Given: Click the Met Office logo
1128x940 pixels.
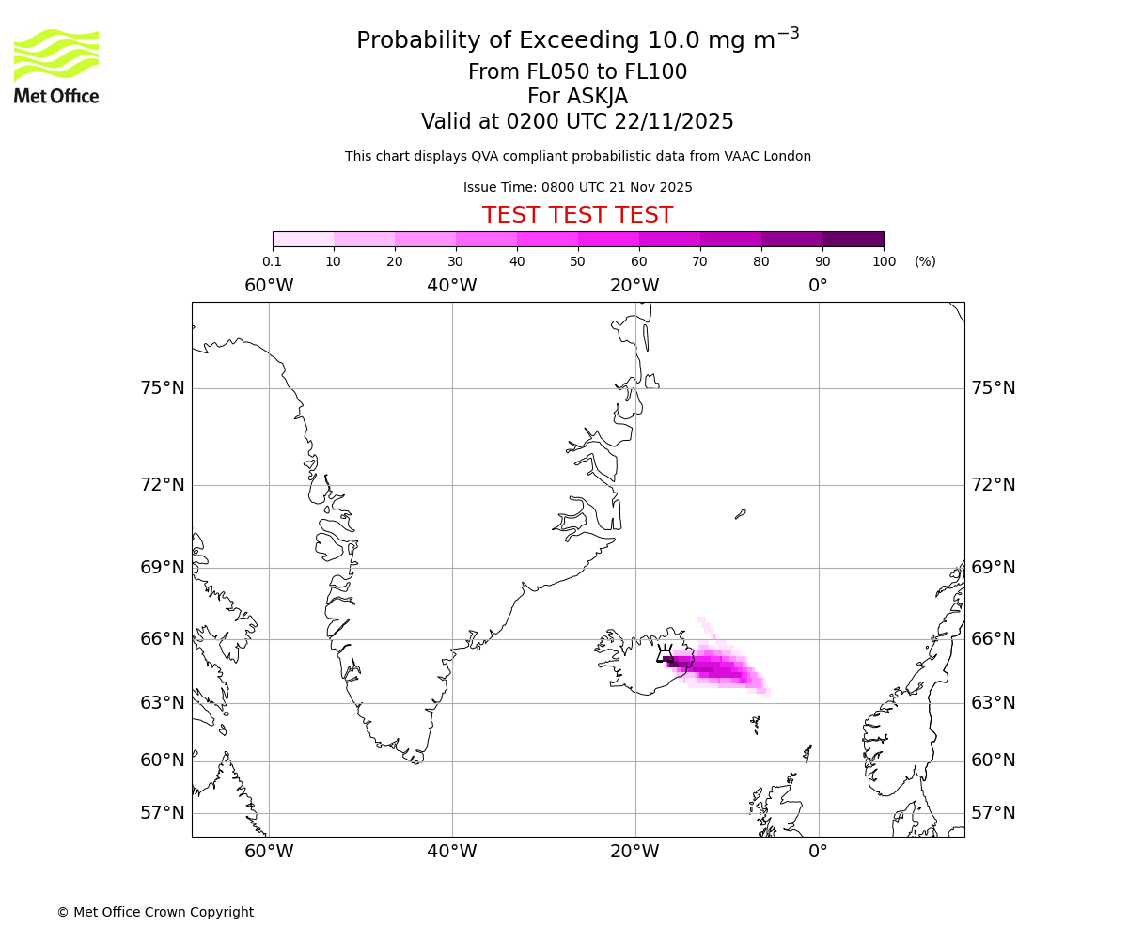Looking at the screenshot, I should click(56, 66).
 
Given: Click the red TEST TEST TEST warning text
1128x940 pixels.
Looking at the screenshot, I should click(577, 215).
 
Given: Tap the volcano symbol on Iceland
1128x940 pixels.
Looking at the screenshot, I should click(665, 653).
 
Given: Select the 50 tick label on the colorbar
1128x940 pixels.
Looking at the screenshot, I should click(578, 261).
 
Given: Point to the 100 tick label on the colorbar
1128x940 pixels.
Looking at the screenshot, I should click(884, 261).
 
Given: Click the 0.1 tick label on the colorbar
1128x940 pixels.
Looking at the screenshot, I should click(273, 261).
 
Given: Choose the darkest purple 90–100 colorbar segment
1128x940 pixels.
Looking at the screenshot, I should click(853, 239).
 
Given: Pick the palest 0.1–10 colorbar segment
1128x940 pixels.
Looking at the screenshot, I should click(303, 239).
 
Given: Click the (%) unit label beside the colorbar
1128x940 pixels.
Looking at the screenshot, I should click(925, 261).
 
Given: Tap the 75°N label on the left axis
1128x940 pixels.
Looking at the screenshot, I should click(163, 388).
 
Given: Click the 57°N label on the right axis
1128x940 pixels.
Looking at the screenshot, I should click(993, 813).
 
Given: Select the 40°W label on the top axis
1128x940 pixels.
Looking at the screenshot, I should click(452, 286).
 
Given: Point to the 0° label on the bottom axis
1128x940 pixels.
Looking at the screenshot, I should click(818, 852).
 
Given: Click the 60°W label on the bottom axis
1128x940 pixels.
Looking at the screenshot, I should click(269, 852).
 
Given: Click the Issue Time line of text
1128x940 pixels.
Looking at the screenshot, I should click(577, 188).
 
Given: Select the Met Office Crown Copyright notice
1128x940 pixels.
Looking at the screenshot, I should click(155, 912).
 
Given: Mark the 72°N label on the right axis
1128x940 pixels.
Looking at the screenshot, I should click(993, 485).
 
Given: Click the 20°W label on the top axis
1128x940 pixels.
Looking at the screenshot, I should click(634, 286).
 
